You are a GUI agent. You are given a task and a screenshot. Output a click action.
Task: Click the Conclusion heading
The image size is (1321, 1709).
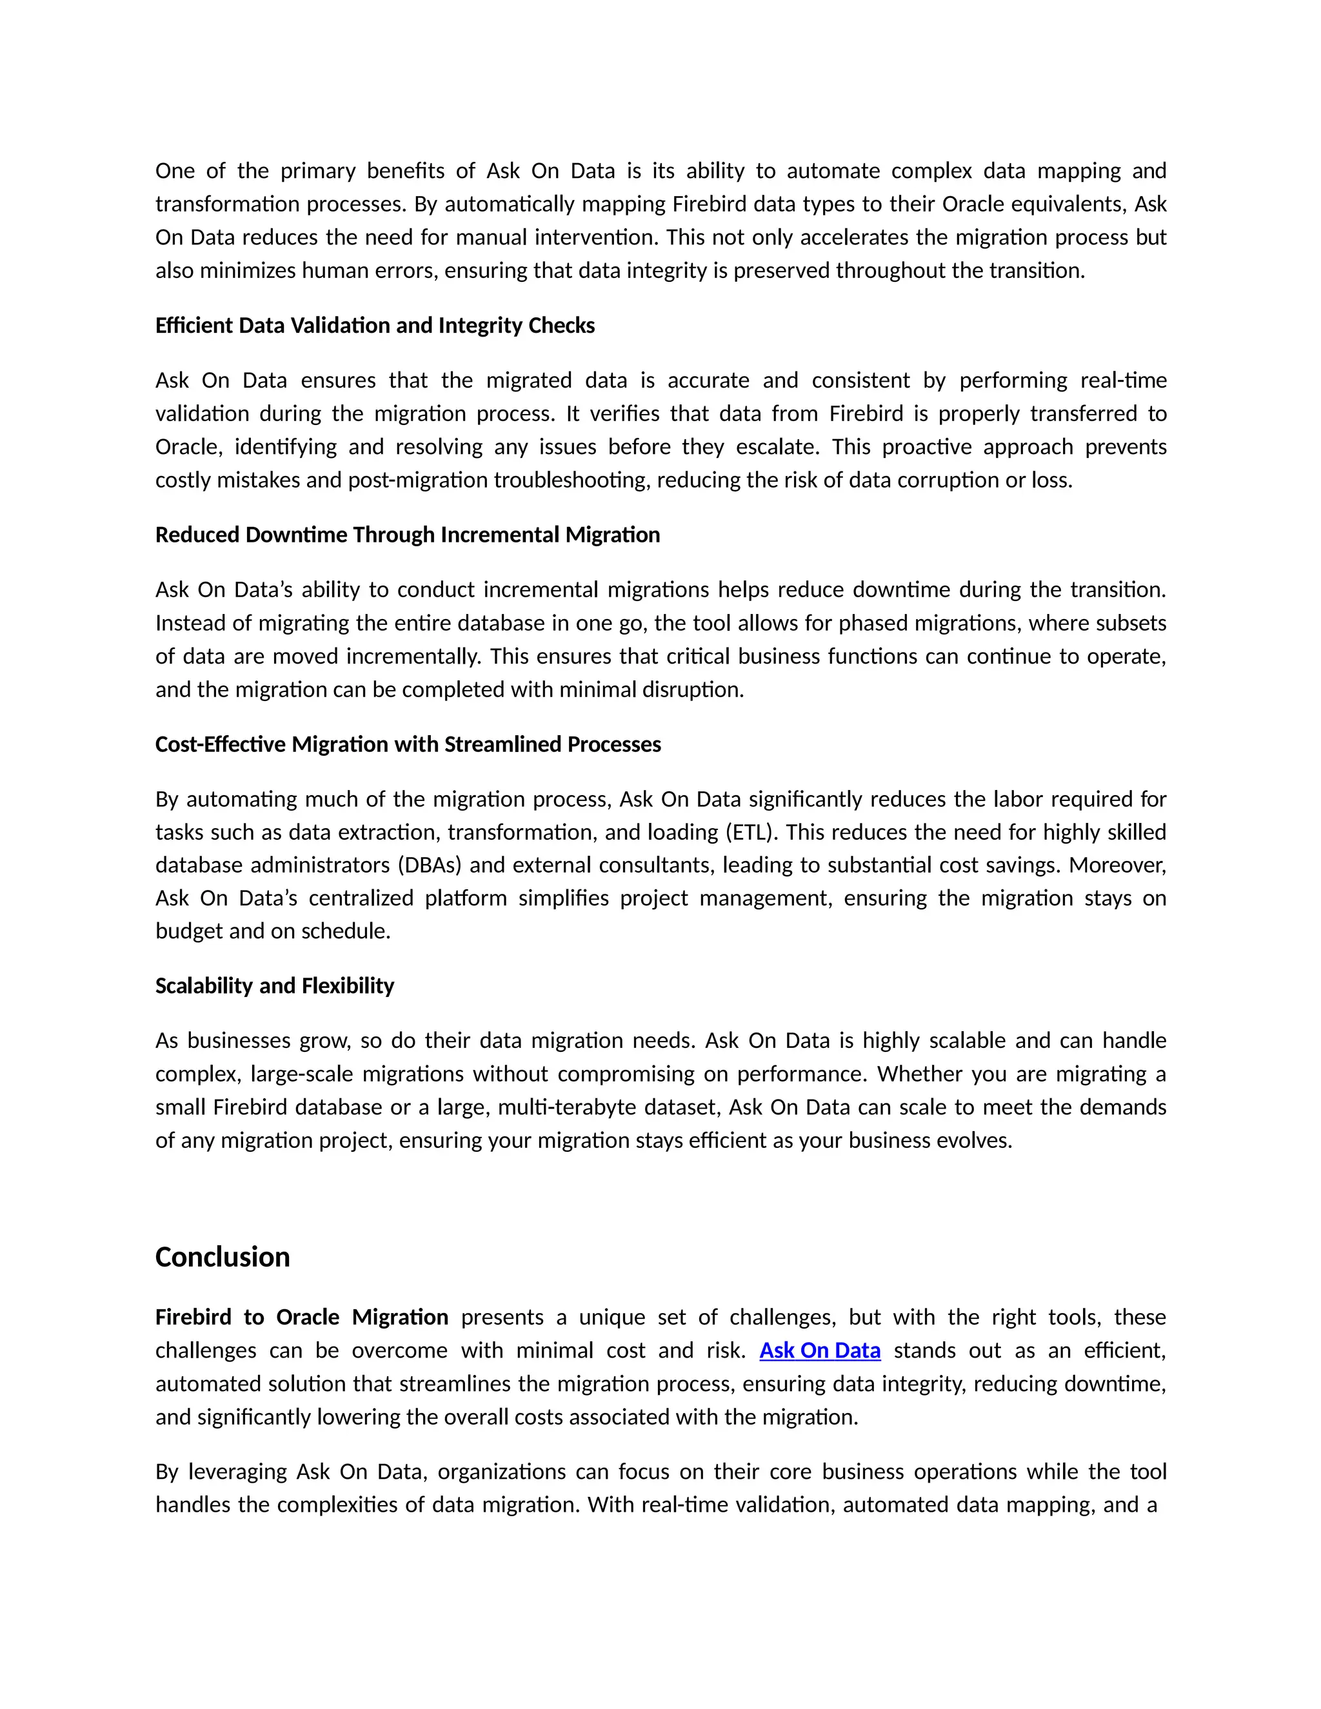[x=223, y=1258]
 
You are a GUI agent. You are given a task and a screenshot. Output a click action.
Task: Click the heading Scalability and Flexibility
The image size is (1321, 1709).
[x=275, y=986]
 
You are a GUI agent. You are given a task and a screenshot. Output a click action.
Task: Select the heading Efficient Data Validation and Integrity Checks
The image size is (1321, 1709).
[x=375, y=326]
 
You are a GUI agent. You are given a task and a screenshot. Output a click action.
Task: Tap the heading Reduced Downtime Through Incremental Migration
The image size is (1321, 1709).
[x=408, y=535]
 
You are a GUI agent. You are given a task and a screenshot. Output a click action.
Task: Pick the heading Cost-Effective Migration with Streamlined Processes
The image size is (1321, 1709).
[x=408, y=744]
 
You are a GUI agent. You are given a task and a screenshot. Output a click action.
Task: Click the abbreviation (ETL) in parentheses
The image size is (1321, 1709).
[x=751, y=832]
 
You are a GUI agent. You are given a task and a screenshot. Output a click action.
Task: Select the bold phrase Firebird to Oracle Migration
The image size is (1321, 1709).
[x=301, y=1318]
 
